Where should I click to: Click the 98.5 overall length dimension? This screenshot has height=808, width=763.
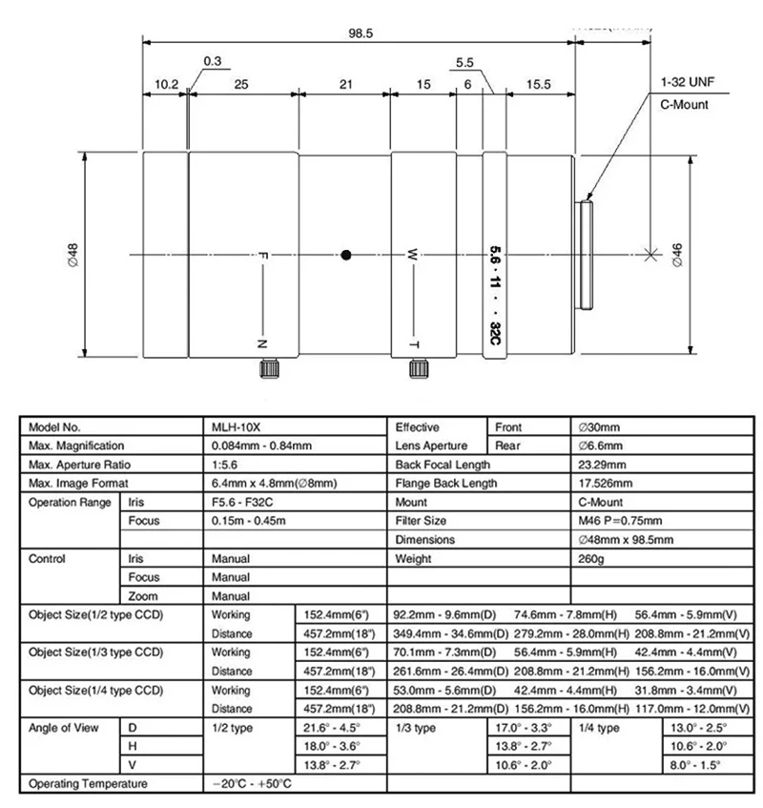[x=361, y=32]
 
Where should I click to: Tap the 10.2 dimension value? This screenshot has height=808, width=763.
[x=166, y=85]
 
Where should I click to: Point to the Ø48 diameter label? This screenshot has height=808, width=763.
[x=72, y=255]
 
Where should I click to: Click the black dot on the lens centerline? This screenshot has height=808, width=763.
[x=346, y=255]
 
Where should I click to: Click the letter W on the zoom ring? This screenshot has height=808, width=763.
[x=413, y=255]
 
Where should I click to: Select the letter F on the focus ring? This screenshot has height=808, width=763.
[x=263, y=255]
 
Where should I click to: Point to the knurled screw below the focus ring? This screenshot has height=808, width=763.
[x=269, y=368]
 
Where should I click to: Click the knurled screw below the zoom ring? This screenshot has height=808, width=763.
[x=417, y=368]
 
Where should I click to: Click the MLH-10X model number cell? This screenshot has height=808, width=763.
[x=235, y=427]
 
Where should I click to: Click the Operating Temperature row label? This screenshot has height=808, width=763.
[x=89, y=784]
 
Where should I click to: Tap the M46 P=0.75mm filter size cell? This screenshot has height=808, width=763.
[x=620, y=521]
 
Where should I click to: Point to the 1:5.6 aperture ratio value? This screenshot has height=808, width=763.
[x=227, y=465]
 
